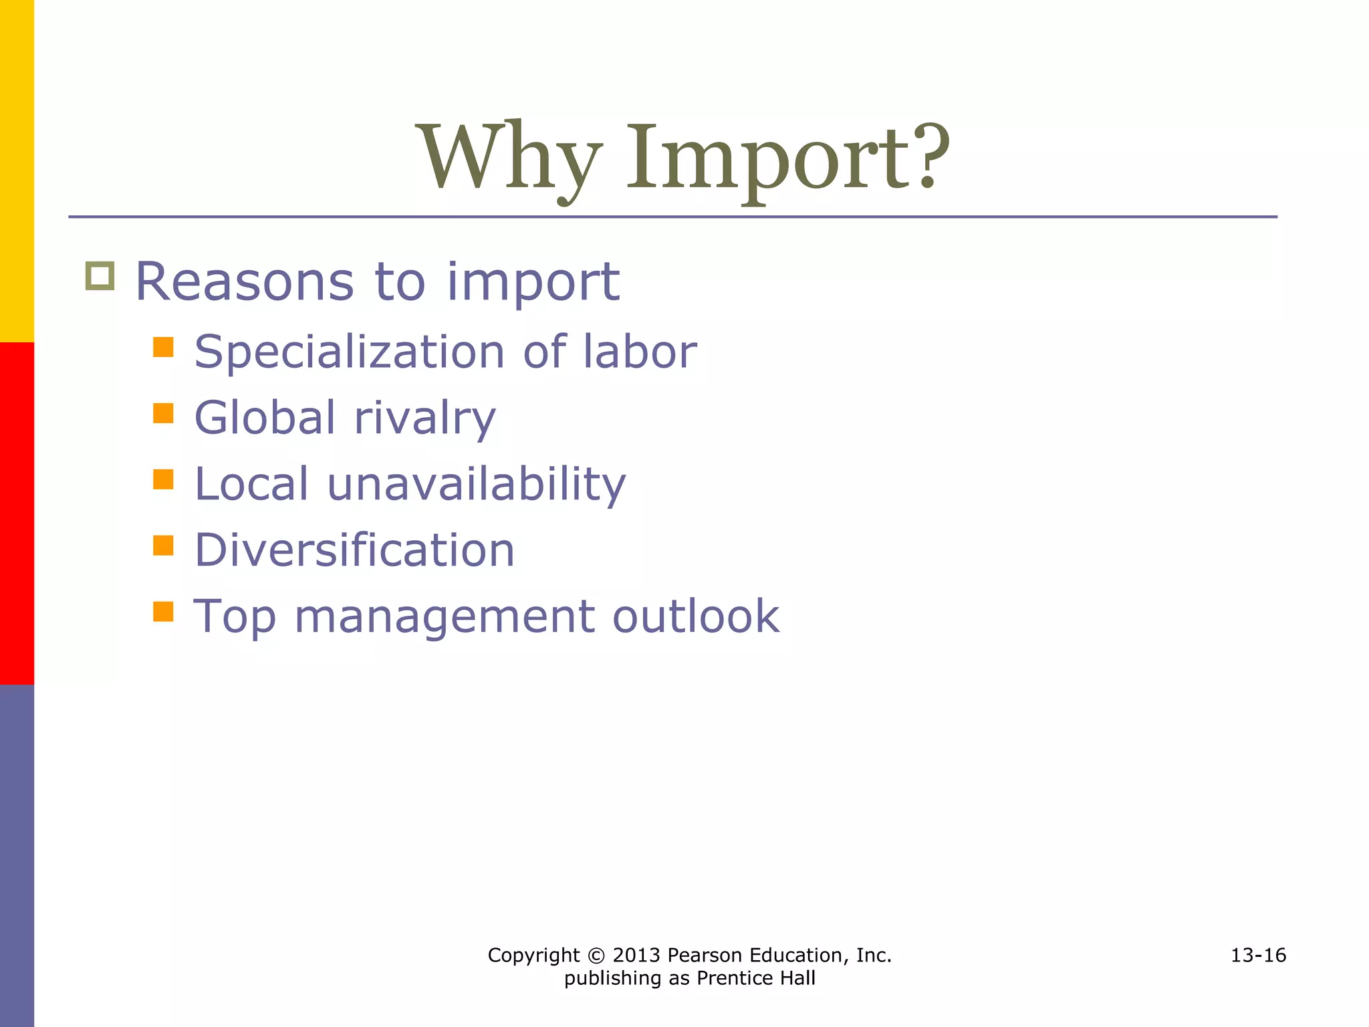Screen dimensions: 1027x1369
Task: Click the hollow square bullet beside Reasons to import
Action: click(x=100, y=275)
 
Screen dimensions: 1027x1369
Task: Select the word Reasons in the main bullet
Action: click(x=245, y=282)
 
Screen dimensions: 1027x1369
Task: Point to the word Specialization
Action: click(x=349, y=352)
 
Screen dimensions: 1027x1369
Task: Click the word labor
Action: click(x=640, y=352)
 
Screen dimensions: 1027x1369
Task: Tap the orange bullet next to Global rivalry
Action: click(x=163, y=413)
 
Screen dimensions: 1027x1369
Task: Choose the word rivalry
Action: click(x=425, y=419)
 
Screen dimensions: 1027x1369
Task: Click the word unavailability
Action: click(x=476, y=484)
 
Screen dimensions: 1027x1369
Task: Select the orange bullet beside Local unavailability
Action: click(x=163, y=479)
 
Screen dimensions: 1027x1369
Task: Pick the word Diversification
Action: click(x=354, y=550)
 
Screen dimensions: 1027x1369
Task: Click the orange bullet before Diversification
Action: click(x=163, y=546)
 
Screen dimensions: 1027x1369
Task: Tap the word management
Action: click(x=445, y=616)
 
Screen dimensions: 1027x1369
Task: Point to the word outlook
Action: click(x=696, y=616)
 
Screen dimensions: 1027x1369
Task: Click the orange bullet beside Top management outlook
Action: click(x=163, y=612)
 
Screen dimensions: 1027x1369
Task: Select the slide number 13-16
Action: click(x=1258, y=955)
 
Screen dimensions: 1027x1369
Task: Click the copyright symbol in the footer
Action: click(x=596, y=955)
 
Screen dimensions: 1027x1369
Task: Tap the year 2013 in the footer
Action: click(x=636, y=955)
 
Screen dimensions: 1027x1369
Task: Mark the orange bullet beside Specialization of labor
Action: click(x=163, y=347)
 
